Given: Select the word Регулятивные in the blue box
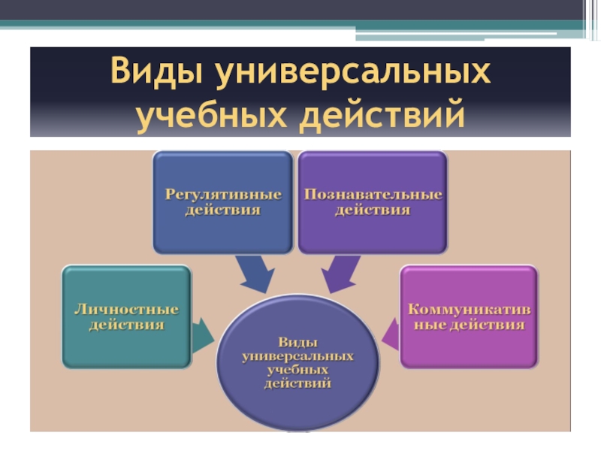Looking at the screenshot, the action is (222, 195).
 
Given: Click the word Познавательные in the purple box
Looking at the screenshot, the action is (373, 195).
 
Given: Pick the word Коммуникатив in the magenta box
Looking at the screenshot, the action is (469, 309).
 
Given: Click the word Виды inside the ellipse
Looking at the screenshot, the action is (298, 341).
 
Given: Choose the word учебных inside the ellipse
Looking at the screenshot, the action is (298, 370).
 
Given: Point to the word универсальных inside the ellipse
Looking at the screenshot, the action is (298, 355).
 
